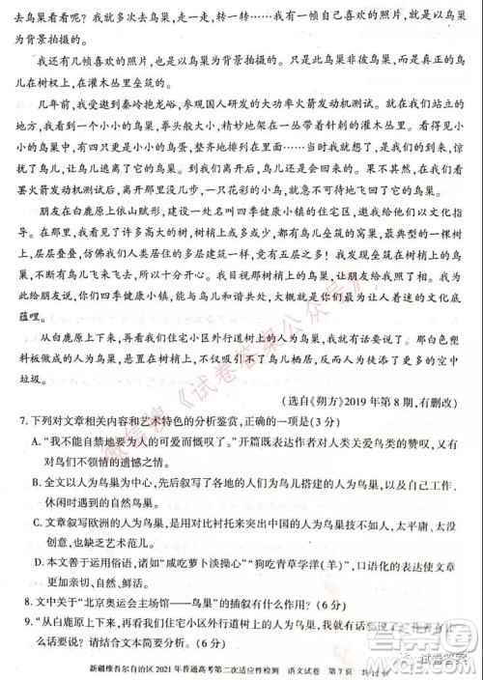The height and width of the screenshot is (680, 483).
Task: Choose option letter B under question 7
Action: [39, 478]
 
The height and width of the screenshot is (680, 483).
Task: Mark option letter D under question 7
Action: [39, 559]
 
